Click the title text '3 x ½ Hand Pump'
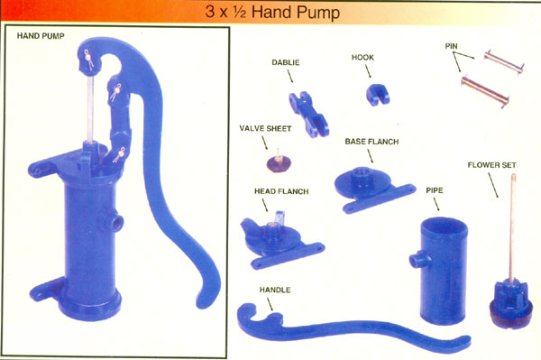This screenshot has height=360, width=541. [272, 12]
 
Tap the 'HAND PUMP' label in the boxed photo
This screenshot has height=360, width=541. [41, 36]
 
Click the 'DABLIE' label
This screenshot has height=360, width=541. [286, 62]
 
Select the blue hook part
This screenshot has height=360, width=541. [377, 94]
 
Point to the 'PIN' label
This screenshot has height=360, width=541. [452, 46]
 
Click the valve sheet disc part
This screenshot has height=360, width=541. [279, 162]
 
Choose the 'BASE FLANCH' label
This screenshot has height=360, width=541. [371, 142]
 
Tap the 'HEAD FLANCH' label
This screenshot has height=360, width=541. [281, 191]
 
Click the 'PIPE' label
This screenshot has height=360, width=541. [435, 190]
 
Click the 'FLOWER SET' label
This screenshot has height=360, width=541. [491, 165]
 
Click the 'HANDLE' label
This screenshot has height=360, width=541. [275, 290]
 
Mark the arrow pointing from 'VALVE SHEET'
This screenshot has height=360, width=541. [264, 143]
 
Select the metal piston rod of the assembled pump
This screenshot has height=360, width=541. [90, 109]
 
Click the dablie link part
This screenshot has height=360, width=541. [308, 114]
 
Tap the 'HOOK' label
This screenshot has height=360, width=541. [362, 58]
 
